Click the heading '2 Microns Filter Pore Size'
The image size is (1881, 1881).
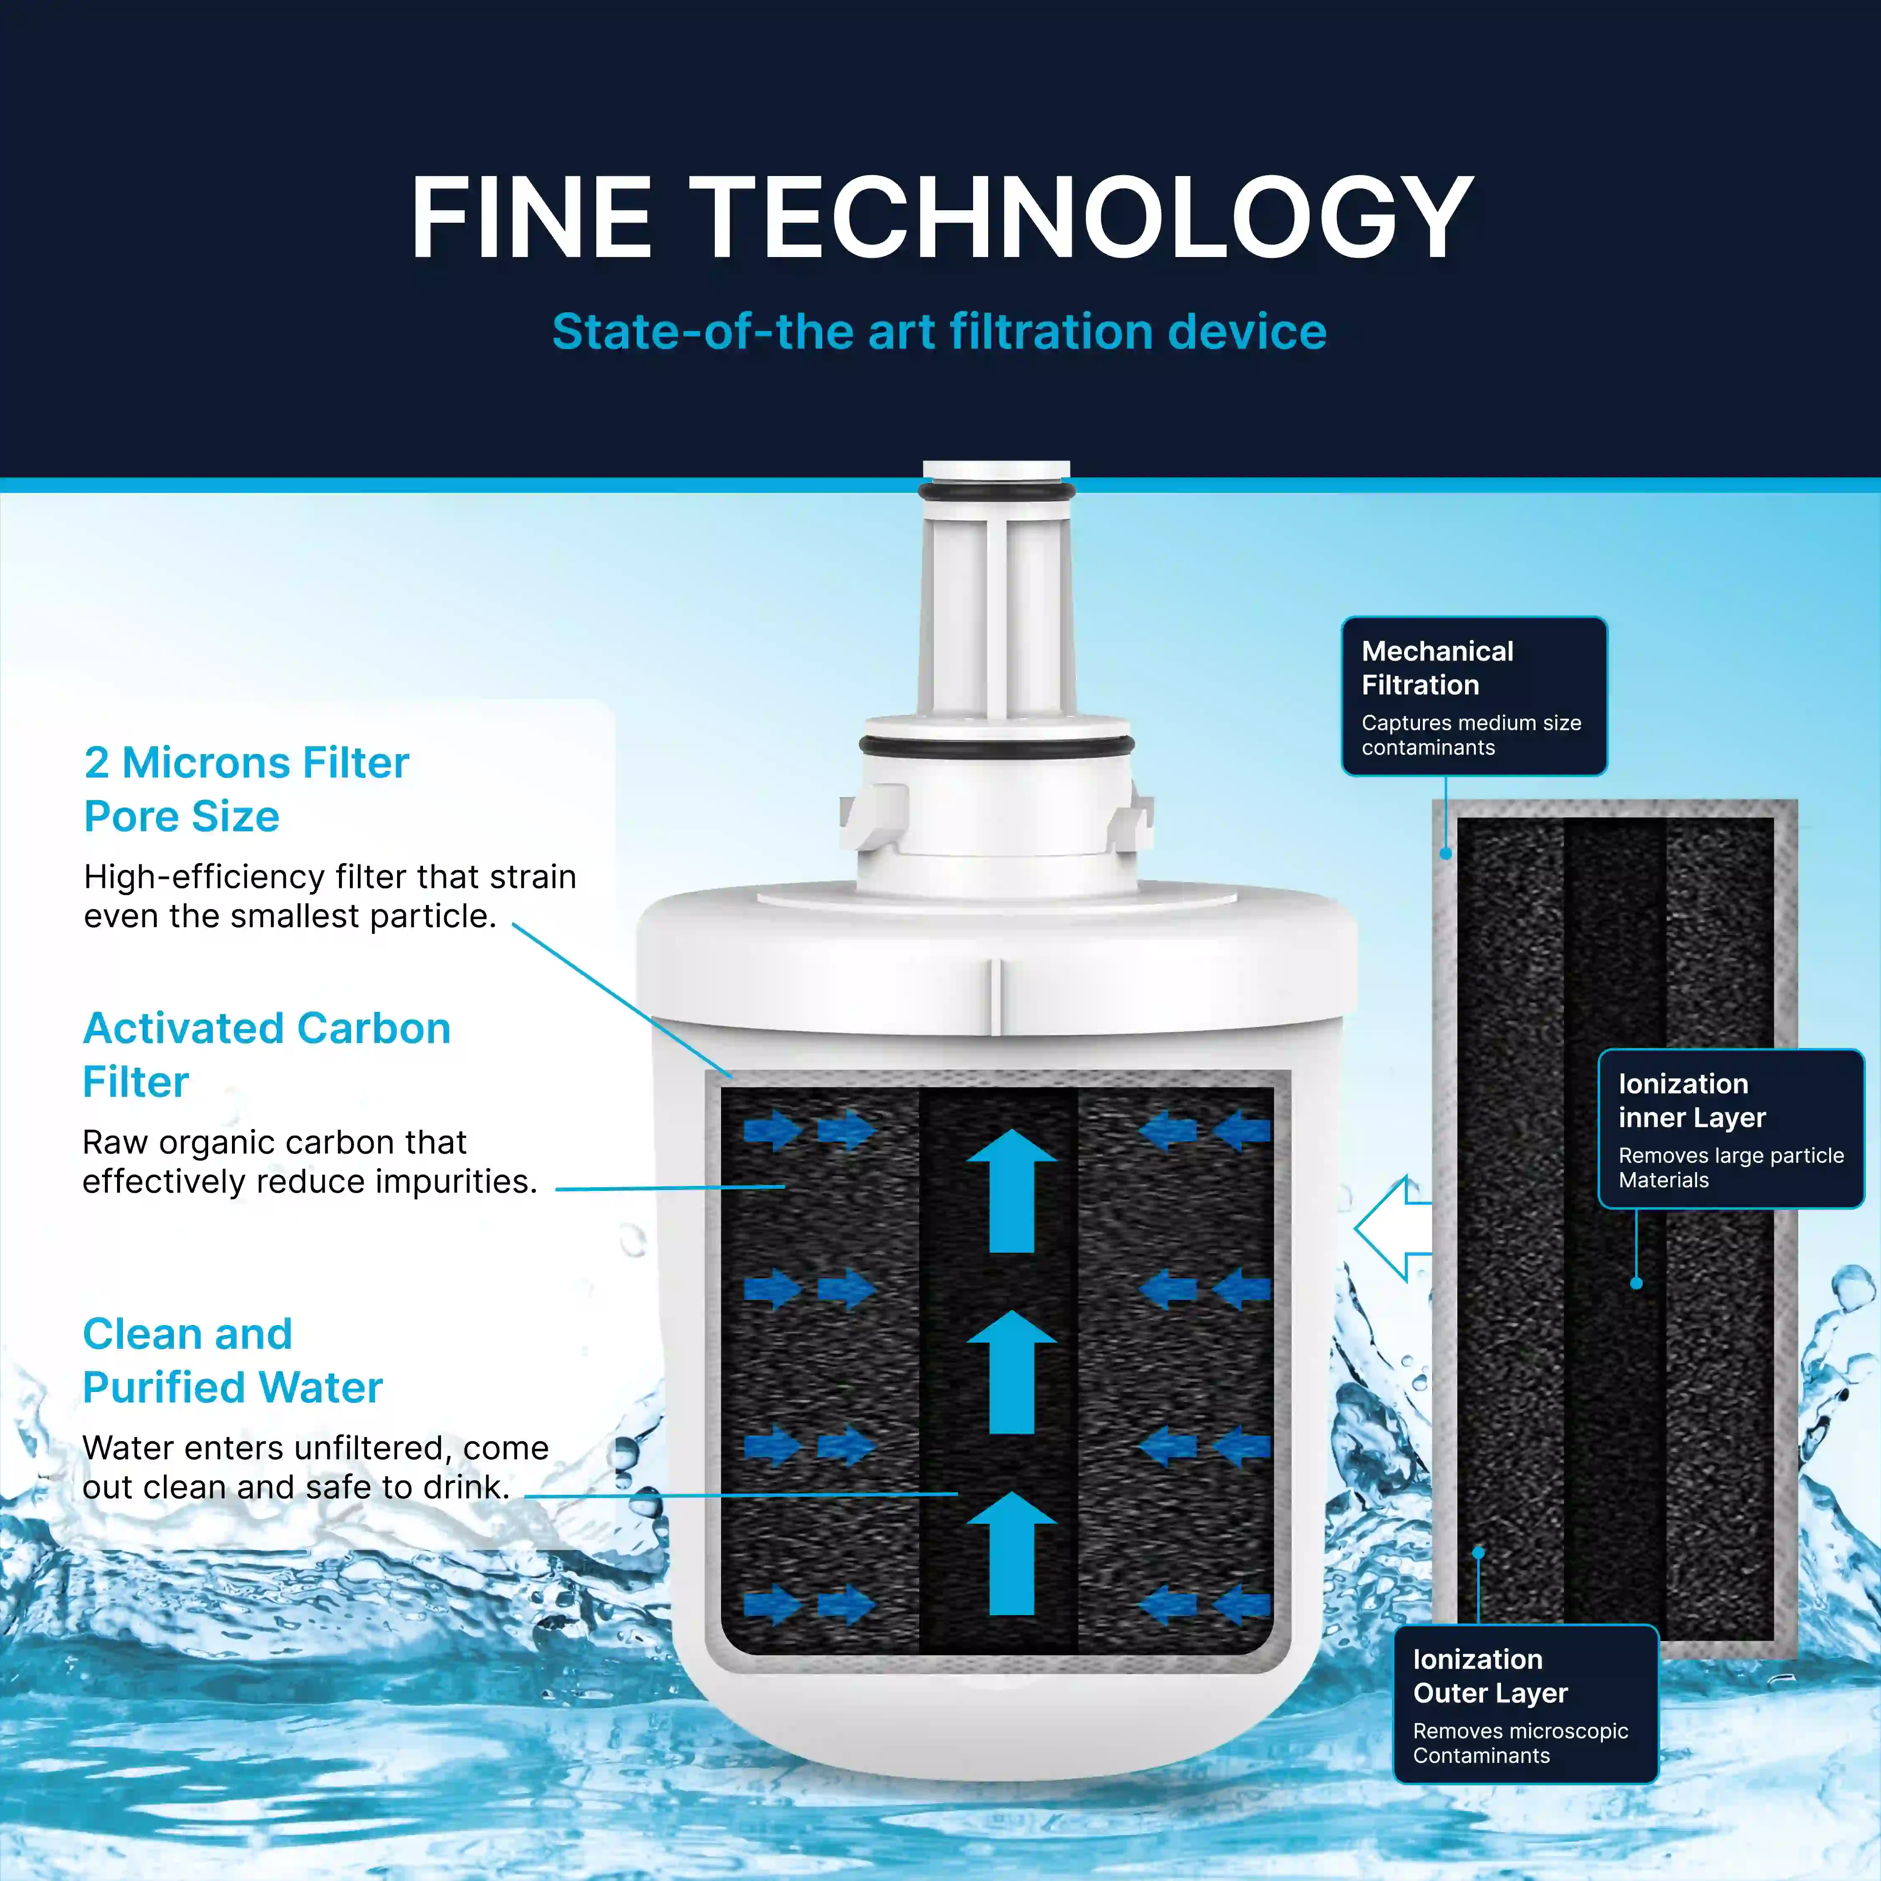[x=246, y=789]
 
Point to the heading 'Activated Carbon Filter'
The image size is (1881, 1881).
[x=267, y=1055]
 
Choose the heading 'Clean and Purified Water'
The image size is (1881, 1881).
[x=233, y=1360]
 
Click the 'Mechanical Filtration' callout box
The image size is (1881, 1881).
[x=1474, y=696]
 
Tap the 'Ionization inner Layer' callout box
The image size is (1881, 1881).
[x=1731, y=1129]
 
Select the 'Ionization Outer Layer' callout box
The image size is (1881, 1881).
[x=1526, y=1704]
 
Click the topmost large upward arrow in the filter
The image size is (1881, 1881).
[x=1012, y=1190]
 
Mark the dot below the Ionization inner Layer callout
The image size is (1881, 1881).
[x=1636, y=1283]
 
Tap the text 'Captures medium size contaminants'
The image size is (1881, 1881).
[x=1471, y=735]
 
